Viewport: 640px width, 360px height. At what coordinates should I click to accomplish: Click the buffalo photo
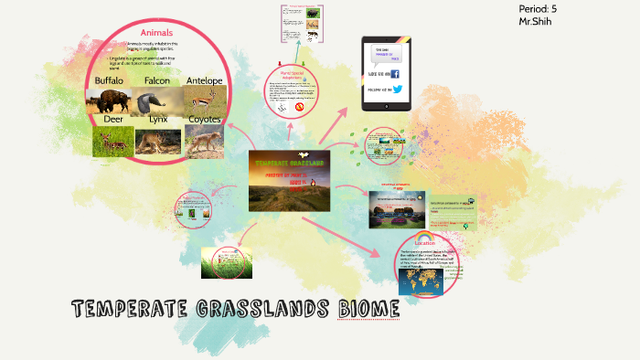click(107, 101)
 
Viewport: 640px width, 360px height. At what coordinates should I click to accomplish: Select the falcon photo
click(155, 101)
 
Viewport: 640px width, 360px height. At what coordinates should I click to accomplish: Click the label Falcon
click(156, 81)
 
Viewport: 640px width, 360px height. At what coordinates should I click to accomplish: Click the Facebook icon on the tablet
click(395, 73)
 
